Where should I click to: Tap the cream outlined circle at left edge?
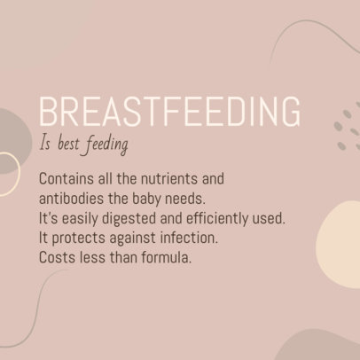(x=7, y=173)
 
